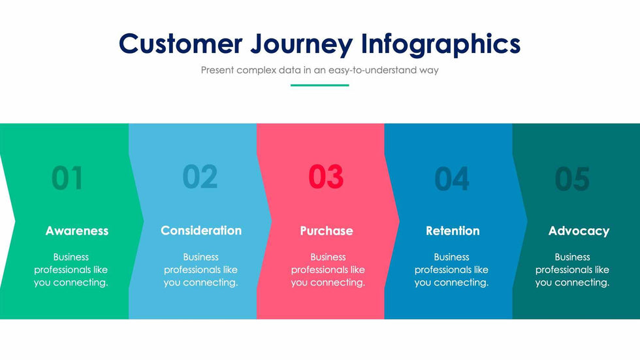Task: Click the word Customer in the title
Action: point(180,43)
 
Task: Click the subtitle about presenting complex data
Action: point(319,70)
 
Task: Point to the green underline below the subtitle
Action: point(319,86)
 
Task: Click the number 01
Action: point(67,178)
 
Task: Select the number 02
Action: point(200,176)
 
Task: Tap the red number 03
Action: point(326,176)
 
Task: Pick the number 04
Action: point(451,178)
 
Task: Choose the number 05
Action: point(572,178)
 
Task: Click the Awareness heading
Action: point(77,231)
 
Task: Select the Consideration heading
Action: point(201,230)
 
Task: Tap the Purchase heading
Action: point(327,231)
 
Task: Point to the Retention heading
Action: point(453,231)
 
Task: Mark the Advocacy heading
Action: point(579,231)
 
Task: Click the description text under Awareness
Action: point(71,270)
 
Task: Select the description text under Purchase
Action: point(328,270)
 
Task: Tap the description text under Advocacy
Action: point(572,270)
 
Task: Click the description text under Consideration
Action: point(200,270)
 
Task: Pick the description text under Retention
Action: point(451,270)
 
